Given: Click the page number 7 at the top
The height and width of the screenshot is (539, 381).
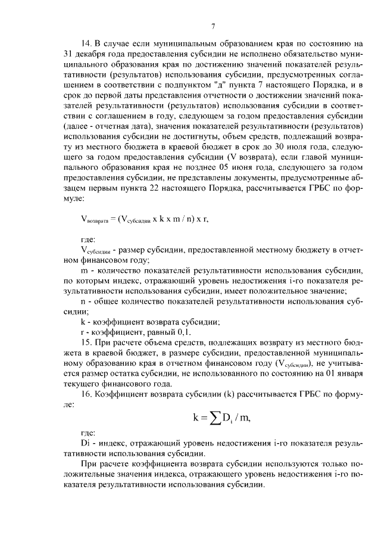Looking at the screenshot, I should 213,26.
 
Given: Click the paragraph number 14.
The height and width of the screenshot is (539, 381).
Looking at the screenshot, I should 85,43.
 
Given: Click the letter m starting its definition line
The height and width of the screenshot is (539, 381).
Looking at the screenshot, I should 83,272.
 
